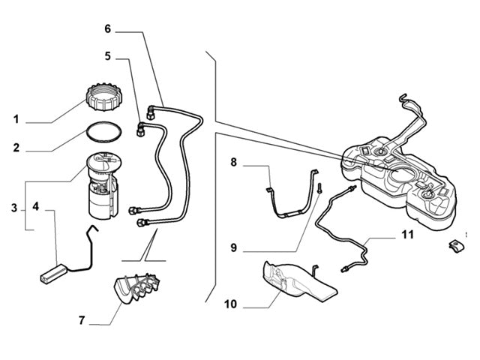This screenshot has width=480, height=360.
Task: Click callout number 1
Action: [x=16, y=119]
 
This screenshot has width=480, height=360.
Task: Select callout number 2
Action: [x=16, y=148]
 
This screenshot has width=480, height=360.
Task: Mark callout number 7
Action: [x=82, y=322]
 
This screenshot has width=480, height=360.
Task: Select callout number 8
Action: [x=233, y=161]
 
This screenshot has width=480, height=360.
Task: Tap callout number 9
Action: [x=233, y=247]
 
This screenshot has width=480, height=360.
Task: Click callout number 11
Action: [x=407, y=235]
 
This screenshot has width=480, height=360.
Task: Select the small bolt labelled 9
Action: [x=318, y=187]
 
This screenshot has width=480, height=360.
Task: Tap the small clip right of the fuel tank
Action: [x=455, y=245]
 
